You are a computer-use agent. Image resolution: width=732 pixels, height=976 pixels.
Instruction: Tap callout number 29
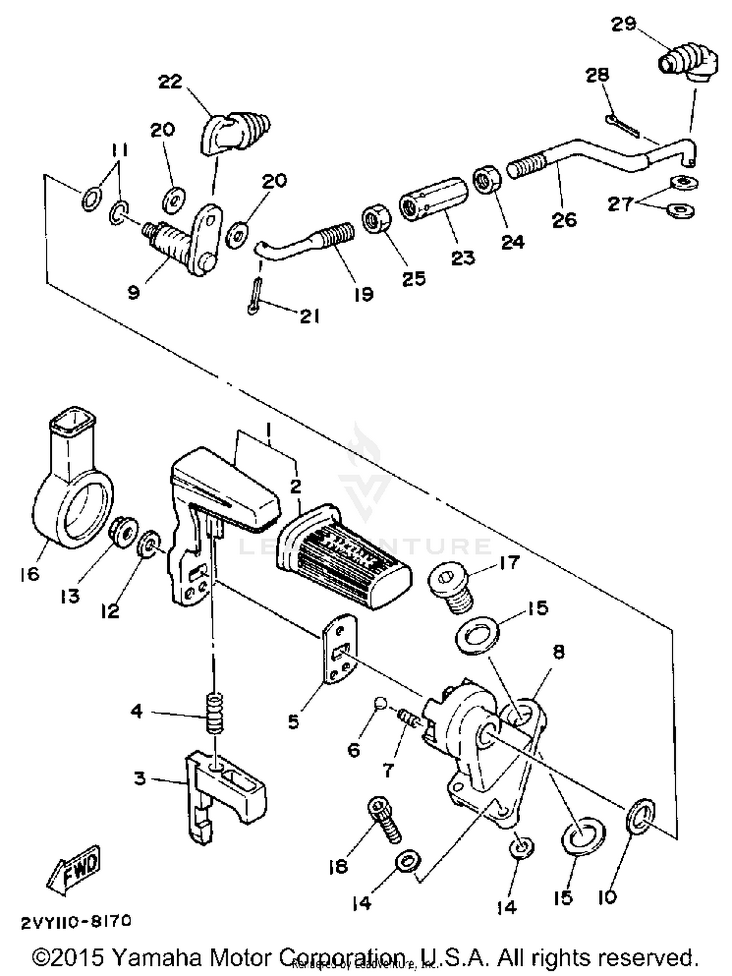pos(624,24)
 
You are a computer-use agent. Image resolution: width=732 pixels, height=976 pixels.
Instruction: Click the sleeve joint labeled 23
pos(433,199)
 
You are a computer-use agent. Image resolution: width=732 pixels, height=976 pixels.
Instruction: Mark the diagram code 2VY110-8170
pos(76,921)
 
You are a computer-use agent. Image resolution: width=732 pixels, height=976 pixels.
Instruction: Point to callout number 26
pos(564,220)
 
